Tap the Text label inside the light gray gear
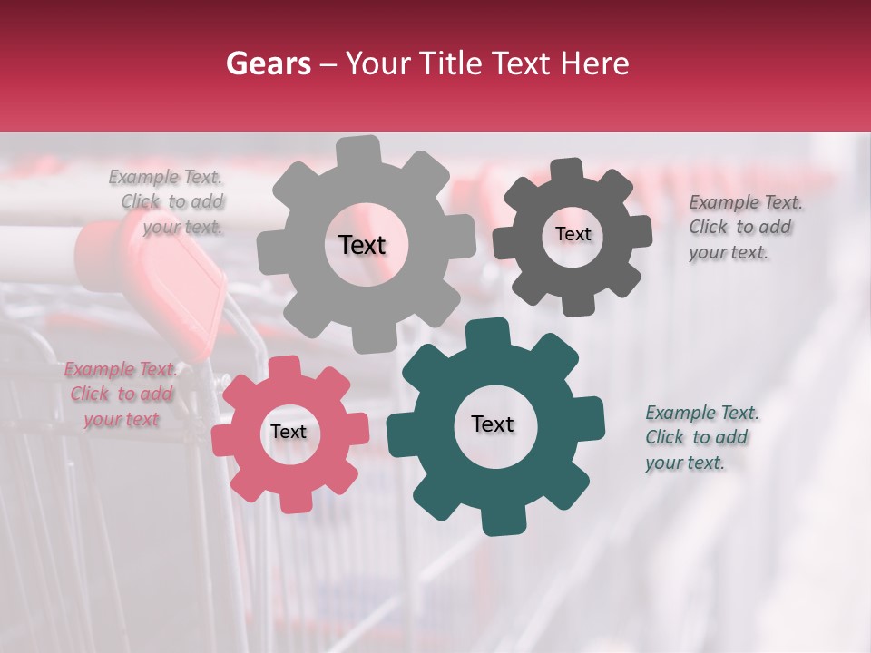[x=362, y=245]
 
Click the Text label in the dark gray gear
[x=573, y=234]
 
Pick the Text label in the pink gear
[x=289, y=433]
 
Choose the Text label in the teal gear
[x=493, y=424]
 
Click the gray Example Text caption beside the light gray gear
[x=168, y=202]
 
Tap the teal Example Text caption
[x=701, y=438]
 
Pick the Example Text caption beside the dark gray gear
[x=745, y=228]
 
